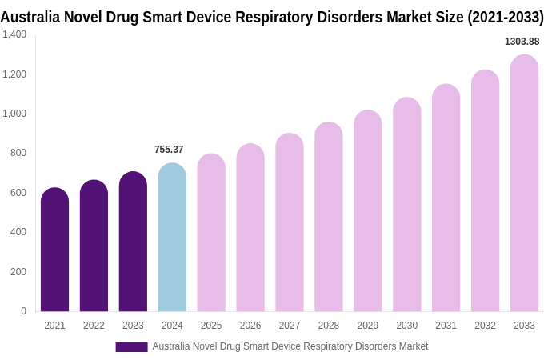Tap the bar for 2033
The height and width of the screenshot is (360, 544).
click(524, 183)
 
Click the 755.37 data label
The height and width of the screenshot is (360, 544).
click(169, 150)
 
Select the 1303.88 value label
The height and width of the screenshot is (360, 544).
click(522, 42)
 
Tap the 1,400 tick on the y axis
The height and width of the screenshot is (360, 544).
click(14, 34)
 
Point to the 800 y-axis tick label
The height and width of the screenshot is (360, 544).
click(18, 153)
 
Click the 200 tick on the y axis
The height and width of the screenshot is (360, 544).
click(18, 272)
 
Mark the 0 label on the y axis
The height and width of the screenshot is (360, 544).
click(23, 311)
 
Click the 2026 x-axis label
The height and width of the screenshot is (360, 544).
click(250, 326)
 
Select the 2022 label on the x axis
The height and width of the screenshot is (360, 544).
click(94, 326)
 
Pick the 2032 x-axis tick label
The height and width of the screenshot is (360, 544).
click(485, 326)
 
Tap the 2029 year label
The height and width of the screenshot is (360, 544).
click(368, 326)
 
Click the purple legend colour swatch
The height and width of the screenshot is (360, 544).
click(131, 347)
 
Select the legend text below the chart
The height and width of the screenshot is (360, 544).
click(290, 346)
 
